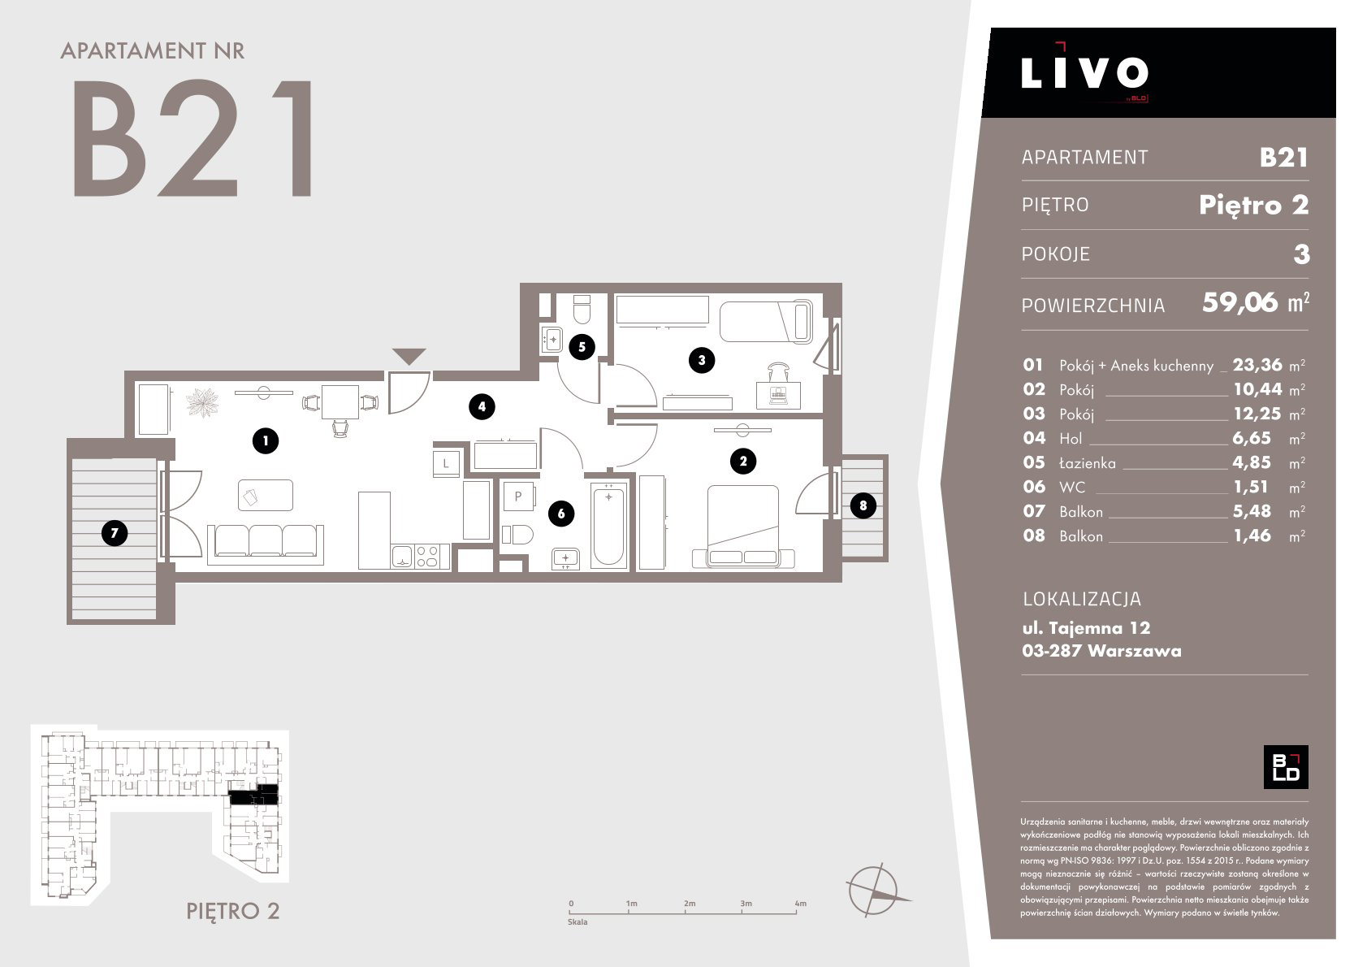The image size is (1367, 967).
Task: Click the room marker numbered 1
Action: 266,440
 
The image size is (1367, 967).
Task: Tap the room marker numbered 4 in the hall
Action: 482,406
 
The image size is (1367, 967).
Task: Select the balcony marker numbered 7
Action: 115,533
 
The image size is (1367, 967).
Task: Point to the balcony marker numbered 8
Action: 863,505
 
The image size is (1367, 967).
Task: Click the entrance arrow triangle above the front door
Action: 409,355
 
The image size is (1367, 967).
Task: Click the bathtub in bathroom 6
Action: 609,524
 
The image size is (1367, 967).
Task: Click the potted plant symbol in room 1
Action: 202,403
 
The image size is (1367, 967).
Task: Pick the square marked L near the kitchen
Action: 446,464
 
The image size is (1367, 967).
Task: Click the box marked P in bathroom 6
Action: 518,497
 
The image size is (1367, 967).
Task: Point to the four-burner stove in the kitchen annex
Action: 426,556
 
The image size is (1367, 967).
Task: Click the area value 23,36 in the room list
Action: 1257,365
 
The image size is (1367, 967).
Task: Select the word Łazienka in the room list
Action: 1088,463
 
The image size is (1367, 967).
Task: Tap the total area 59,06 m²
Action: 1256,303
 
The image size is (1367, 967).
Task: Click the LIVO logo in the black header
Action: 1084,72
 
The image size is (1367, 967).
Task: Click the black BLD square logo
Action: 1286,767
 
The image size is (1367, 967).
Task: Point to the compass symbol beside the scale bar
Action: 874,890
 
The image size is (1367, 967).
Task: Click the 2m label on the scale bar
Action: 690,904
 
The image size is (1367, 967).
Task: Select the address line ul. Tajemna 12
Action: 1086,628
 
